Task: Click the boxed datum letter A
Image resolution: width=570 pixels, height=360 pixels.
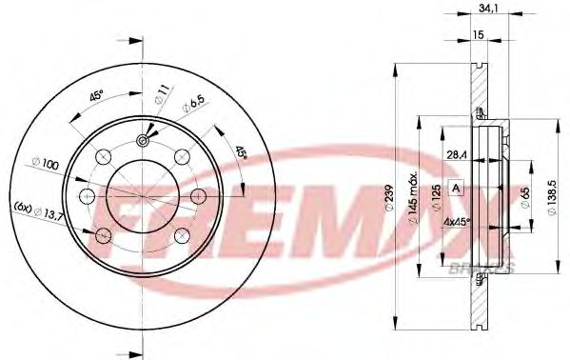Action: point(457,189)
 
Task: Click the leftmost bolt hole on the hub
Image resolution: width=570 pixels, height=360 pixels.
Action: point(87,196)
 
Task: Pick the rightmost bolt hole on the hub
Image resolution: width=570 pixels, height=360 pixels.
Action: point(199,195)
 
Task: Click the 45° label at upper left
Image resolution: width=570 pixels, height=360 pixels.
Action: point(97,95)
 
